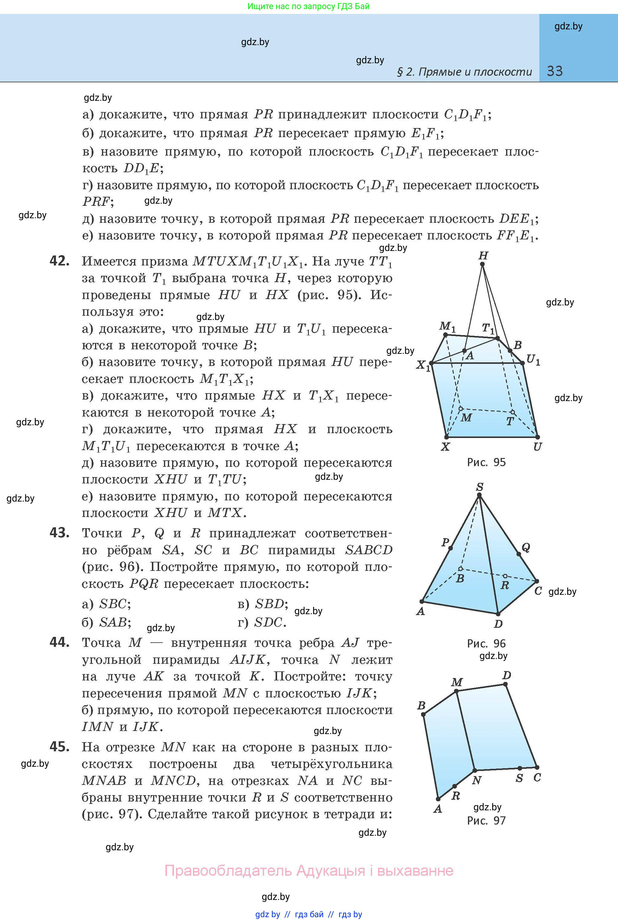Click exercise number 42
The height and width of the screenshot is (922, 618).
(60, 261)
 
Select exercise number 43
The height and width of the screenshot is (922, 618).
(60, 533)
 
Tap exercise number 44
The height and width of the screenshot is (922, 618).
(60, 642)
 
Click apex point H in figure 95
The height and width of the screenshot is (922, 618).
(482, 264)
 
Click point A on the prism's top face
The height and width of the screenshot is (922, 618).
(464, 351)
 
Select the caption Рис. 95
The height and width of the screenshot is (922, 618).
(486, 462)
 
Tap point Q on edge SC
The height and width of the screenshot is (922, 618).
(519, 554)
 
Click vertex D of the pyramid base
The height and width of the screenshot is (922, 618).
(498, 614)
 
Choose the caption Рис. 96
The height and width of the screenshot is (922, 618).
(486, 644)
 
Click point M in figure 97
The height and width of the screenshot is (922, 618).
(456, 691)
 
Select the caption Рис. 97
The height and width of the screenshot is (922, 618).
(486, 821)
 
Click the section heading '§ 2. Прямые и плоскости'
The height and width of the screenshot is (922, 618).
(464, 72)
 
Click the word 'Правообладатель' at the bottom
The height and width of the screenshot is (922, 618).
(228, 870)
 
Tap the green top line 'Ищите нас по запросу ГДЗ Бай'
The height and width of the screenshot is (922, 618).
(309, 6)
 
